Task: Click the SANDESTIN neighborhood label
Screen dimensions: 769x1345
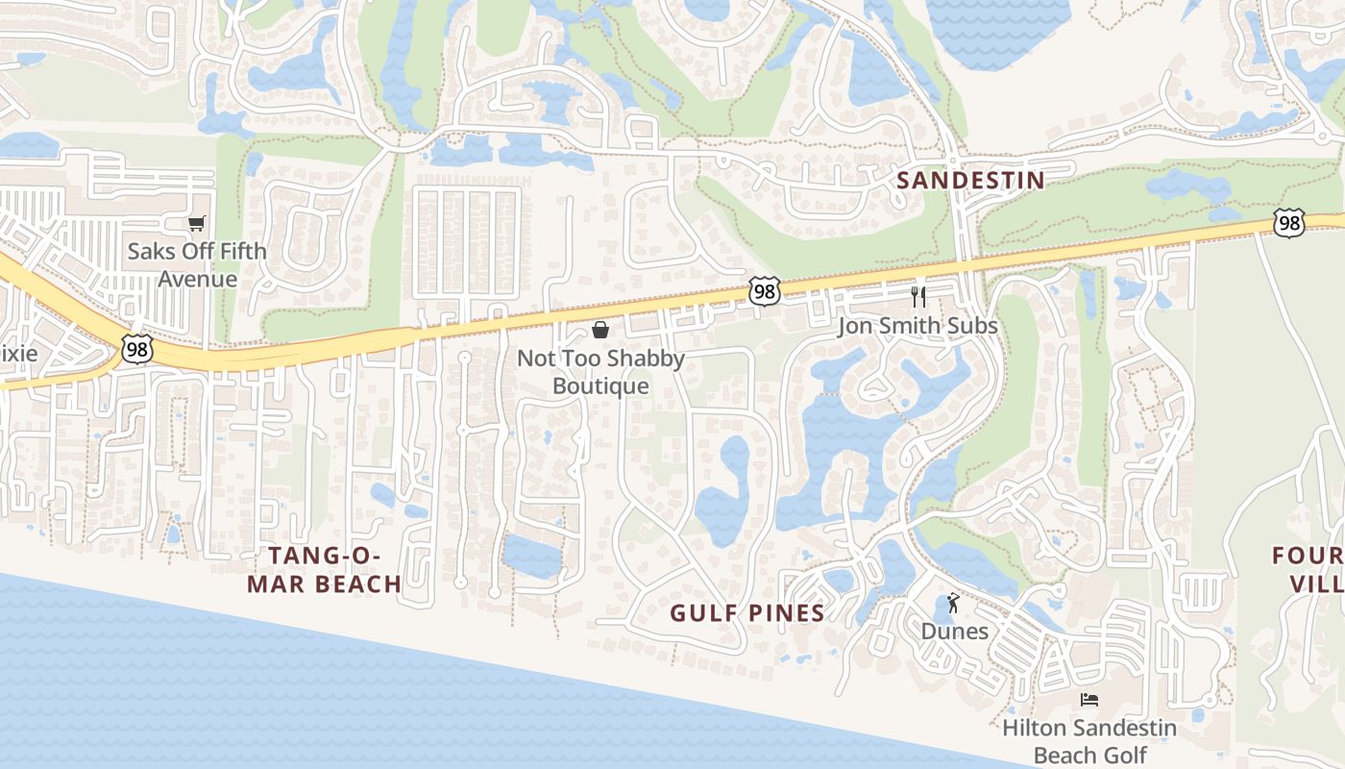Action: pos(970,180)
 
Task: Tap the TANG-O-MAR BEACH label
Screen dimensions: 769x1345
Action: pos(324,569)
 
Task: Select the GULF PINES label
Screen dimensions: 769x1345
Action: pos(746,612)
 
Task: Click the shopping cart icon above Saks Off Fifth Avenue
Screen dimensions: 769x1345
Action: pos(197,224)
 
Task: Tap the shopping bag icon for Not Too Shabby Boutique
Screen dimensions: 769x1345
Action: pos(600,331)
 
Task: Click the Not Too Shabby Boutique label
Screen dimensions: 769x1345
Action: pos(600,372)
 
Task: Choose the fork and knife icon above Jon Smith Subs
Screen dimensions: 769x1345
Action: pos(918,296)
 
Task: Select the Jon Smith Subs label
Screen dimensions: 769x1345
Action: pos(917,326)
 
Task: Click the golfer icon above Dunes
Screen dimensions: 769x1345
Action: pos(953,603)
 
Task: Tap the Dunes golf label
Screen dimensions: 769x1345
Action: pos(954,631)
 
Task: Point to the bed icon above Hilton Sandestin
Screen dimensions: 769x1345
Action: pos(1088,700)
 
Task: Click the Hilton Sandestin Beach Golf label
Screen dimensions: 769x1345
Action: pos(1088,741)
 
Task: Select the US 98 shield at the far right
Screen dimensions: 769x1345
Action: pos(1288,223)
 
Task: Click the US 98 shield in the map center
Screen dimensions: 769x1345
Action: pos(764,291)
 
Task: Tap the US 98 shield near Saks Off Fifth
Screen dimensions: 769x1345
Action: pos(137,349)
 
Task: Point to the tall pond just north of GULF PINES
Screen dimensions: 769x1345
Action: pos(725,490)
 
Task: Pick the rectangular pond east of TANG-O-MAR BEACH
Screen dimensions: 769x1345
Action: pos(531,557)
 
